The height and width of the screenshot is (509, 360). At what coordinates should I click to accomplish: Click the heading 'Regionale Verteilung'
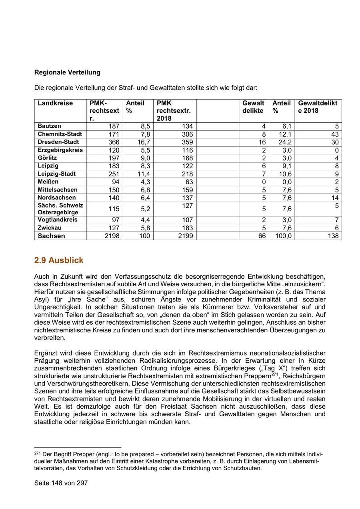(x=67, y=72)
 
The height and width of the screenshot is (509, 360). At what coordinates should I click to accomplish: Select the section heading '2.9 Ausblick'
(x=59, y=260)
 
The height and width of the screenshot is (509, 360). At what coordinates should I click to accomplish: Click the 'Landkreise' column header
(x=56, y=103)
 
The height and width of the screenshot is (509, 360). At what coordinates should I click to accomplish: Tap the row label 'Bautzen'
(x=50, y=126)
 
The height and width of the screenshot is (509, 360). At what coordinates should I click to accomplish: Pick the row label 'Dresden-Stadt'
(x=58, y=142)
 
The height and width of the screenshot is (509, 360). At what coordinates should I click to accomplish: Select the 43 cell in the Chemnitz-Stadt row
(x=335, y=134)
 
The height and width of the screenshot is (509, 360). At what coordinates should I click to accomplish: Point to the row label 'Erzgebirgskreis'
(x=60, y=150)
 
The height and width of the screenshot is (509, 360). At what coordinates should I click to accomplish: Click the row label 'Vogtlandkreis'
(x=58, y=220)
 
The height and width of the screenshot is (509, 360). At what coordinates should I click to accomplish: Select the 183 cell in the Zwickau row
(x=187, y=228)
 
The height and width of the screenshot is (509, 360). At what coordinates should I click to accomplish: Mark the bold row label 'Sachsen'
(x=51, y=236)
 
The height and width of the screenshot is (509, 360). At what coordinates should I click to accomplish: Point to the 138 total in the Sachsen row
(x=333, y=236)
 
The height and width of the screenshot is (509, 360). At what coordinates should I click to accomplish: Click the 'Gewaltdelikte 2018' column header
(x=318, y=107)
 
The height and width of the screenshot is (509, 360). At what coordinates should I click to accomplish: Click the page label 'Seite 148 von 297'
(x=61, y=483)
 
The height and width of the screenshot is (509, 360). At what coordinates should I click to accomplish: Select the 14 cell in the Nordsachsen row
(x=335, y=198)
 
